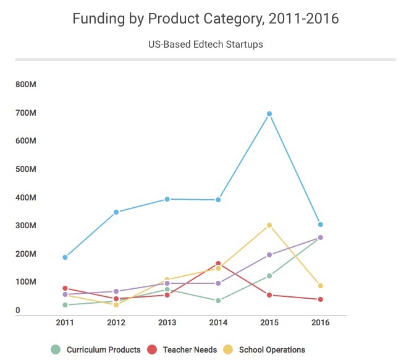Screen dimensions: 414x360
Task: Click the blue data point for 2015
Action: point(269,114)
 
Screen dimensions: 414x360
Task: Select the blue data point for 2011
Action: point(65,257)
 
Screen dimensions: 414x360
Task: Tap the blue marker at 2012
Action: point(116,212)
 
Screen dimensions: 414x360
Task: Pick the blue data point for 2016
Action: point(320,225)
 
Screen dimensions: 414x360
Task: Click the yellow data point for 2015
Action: point(269,225)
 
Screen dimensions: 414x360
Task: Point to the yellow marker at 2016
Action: point(320,286)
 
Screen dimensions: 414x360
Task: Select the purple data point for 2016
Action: point(320,238)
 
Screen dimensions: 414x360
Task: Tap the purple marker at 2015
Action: point(269,255)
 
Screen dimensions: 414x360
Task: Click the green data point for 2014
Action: point(218,301)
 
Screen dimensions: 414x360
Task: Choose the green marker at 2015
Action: point(269,276)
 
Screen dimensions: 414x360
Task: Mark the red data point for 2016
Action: point(320,299)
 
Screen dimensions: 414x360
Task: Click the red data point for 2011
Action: point(65,288)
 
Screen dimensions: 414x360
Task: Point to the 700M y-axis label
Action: point(25,113)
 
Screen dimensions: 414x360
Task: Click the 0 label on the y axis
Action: point(18,310)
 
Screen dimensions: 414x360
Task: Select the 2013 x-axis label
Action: point(167,322)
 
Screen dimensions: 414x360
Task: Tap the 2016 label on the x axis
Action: point(320,322)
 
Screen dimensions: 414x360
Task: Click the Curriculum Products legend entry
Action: point(96,349)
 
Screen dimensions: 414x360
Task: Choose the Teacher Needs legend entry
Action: point(182,349)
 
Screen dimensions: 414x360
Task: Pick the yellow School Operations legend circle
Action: point(228,349)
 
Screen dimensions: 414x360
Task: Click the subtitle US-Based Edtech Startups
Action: point(206,44)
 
